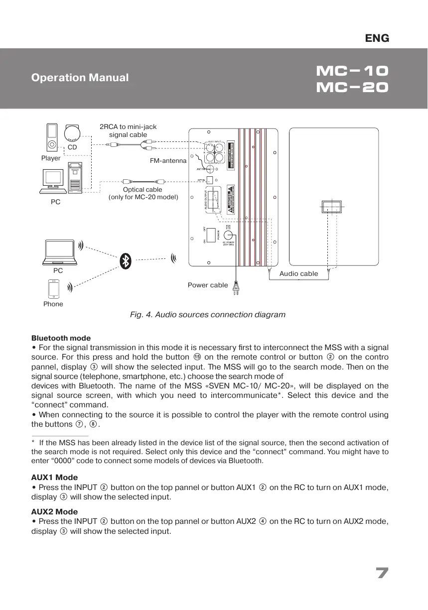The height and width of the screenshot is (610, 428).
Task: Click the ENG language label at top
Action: click(377, 38)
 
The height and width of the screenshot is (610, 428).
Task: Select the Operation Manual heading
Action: click(80, 78)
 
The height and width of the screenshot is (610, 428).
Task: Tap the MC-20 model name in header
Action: click(352, 88)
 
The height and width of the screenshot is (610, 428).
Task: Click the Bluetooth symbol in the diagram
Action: click(127, 260)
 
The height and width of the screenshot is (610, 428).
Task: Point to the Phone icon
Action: click(53, 289)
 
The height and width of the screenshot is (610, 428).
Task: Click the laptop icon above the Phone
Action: click(58, 252)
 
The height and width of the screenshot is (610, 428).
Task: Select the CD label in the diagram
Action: click(72, 147)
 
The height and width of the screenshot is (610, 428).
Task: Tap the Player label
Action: click(51, 158)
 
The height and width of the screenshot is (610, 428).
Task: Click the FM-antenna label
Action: click(168, 161)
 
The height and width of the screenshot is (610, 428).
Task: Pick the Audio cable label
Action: click(298, 274)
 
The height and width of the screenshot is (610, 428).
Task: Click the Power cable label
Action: click(208, 285)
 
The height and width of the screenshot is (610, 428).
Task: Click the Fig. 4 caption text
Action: click(208, 315)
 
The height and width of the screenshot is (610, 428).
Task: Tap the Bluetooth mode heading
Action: click(61, 338)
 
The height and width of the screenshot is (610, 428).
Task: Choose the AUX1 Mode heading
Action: click(54, 477)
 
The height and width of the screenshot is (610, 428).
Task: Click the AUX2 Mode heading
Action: click(54, 511)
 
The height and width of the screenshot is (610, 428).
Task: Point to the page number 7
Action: click(382, 573)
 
